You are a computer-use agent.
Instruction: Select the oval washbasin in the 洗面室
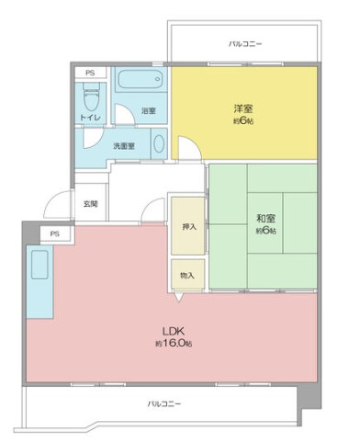159,147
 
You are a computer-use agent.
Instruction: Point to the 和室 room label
266,218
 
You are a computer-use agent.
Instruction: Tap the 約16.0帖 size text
174,343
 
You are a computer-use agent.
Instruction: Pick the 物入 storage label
186,275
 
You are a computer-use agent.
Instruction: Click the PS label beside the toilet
89,72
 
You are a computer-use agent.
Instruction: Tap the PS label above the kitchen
55,233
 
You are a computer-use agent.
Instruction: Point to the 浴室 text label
147,111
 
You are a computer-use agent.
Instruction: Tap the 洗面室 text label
125,145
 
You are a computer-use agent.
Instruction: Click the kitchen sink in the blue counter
40,266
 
